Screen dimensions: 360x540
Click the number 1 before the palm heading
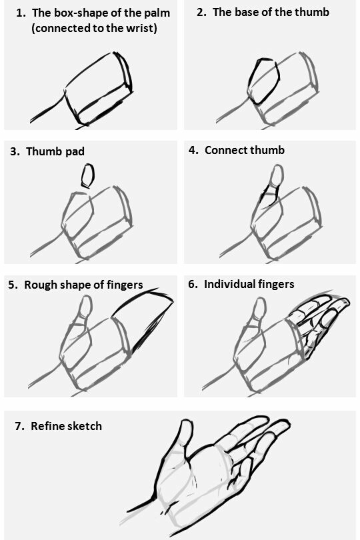(x=20, y=13)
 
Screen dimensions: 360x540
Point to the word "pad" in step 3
(x=75, y=152)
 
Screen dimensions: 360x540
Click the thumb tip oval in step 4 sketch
(x=277, y=175)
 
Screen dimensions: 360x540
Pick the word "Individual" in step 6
(x=228, y=285)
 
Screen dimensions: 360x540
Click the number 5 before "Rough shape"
(x=13, y=285)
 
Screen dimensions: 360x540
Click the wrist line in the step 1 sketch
(x=47, y=107)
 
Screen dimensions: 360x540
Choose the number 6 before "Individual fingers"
(x=192, y=285)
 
